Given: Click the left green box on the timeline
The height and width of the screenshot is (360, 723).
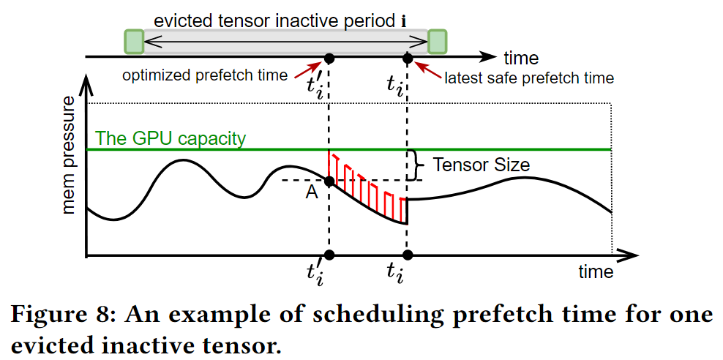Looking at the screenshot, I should pos(133,41).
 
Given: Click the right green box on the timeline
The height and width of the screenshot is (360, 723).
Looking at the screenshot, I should pos(437,41).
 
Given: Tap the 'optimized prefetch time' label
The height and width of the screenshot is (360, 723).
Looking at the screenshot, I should pos(205,75).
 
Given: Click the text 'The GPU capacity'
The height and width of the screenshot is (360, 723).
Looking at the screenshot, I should pos(171,138).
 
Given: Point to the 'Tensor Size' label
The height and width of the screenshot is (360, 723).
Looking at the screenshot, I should pos(482,165).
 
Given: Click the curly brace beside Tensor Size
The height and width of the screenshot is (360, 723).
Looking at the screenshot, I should pos(417,165).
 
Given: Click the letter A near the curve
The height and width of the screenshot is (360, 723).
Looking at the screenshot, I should pos(312,192).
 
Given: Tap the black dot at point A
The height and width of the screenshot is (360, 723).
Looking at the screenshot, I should pos(329,181).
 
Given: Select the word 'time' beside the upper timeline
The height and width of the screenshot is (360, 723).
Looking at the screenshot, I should pos(520,58).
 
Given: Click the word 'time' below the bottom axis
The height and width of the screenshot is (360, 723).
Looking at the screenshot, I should pos(595,272).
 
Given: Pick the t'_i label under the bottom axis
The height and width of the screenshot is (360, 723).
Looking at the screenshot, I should pos(316,274).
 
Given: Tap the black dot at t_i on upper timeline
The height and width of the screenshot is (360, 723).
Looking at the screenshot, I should pos(408,58).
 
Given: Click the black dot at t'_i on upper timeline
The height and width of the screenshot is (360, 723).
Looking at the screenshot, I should pos(329,58).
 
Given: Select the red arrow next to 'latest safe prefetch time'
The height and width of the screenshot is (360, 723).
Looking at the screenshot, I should pos(427,70).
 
